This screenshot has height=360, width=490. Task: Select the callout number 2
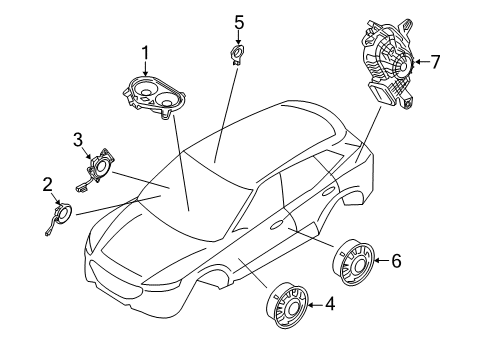[47, 183]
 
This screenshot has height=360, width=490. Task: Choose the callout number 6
[395, 261]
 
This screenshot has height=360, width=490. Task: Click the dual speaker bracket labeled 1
[154, 96]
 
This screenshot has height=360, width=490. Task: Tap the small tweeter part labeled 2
[62, 212]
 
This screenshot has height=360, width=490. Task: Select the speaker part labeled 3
[100, 167]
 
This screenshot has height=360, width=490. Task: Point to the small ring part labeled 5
[239, 54]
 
